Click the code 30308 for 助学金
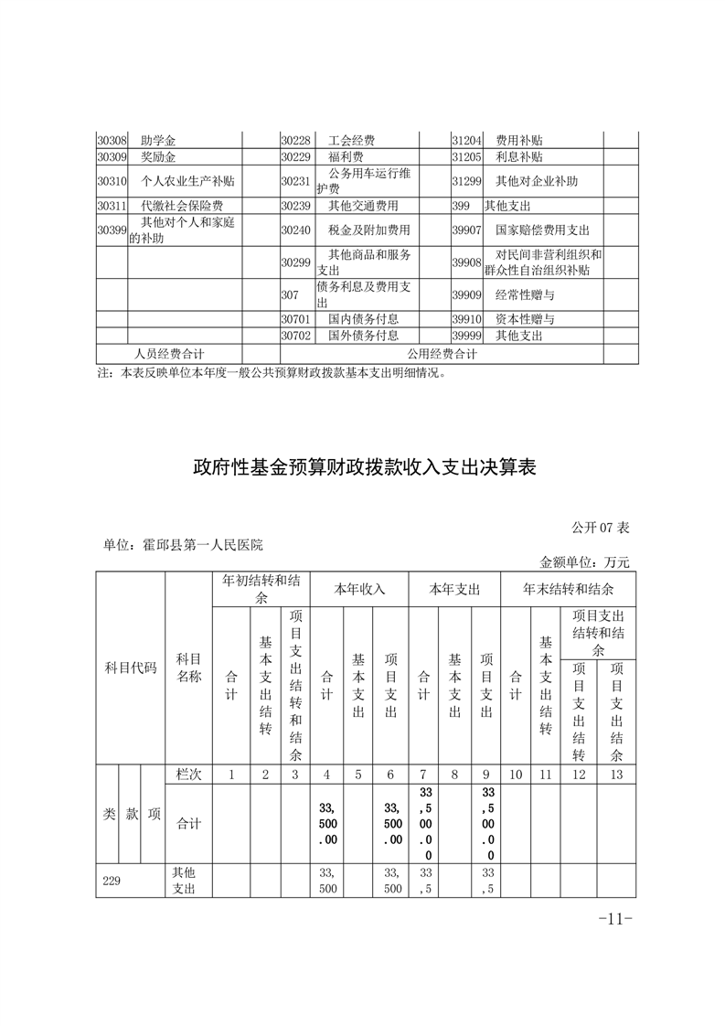(112, 141)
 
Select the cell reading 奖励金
(158, 157)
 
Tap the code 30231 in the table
(296, 181)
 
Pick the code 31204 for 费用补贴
(466, 141)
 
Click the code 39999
(466, 336)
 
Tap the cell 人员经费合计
(169, 354)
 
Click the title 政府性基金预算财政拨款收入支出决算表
(363, 468)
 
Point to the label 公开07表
(601, 528)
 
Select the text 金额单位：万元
(585, 562)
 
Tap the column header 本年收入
(360, 589)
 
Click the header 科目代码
(131, 668)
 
